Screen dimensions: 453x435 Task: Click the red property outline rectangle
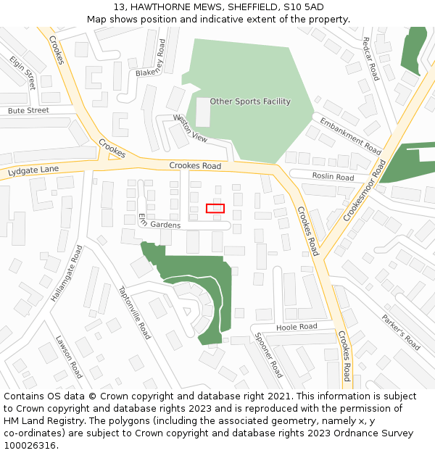tap(215, 209)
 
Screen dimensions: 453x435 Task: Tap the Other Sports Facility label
tap(250, 101)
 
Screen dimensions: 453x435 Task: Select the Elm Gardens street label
tap(159, 221)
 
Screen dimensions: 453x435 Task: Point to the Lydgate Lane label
tap(33, 172)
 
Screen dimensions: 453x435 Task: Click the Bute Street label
tap(28, 111)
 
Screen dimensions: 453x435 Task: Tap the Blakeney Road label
tap(156, 58)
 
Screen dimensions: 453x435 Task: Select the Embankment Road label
tap(350, 136)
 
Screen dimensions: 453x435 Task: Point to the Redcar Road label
tap(370, 58)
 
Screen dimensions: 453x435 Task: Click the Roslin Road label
tap(333, 177)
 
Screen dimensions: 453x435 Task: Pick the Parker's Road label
tap(401, 331)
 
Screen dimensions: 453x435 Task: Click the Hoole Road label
tap(297, 328)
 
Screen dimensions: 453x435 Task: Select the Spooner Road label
tap(268, 355)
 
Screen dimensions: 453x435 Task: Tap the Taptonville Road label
tap(134, 312)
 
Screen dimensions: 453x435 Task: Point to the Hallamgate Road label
tap(67, 273)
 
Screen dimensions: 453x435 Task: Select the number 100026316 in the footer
tap(30, 445)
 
